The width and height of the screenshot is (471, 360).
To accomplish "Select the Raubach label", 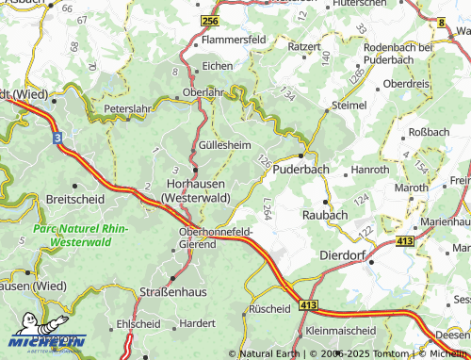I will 325,215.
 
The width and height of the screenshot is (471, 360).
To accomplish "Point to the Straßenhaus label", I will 172,292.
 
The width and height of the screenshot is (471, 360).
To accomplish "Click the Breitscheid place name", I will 75,200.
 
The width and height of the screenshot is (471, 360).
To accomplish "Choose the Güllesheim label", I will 225,145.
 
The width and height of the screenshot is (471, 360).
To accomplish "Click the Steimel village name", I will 349,106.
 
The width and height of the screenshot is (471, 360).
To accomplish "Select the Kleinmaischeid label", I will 340,332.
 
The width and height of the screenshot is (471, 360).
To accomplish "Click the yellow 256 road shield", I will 209,20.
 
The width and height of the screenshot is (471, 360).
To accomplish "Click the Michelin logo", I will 47,341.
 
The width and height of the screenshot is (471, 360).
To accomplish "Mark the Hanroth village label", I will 369,170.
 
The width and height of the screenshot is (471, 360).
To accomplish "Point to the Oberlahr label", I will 203,92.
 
